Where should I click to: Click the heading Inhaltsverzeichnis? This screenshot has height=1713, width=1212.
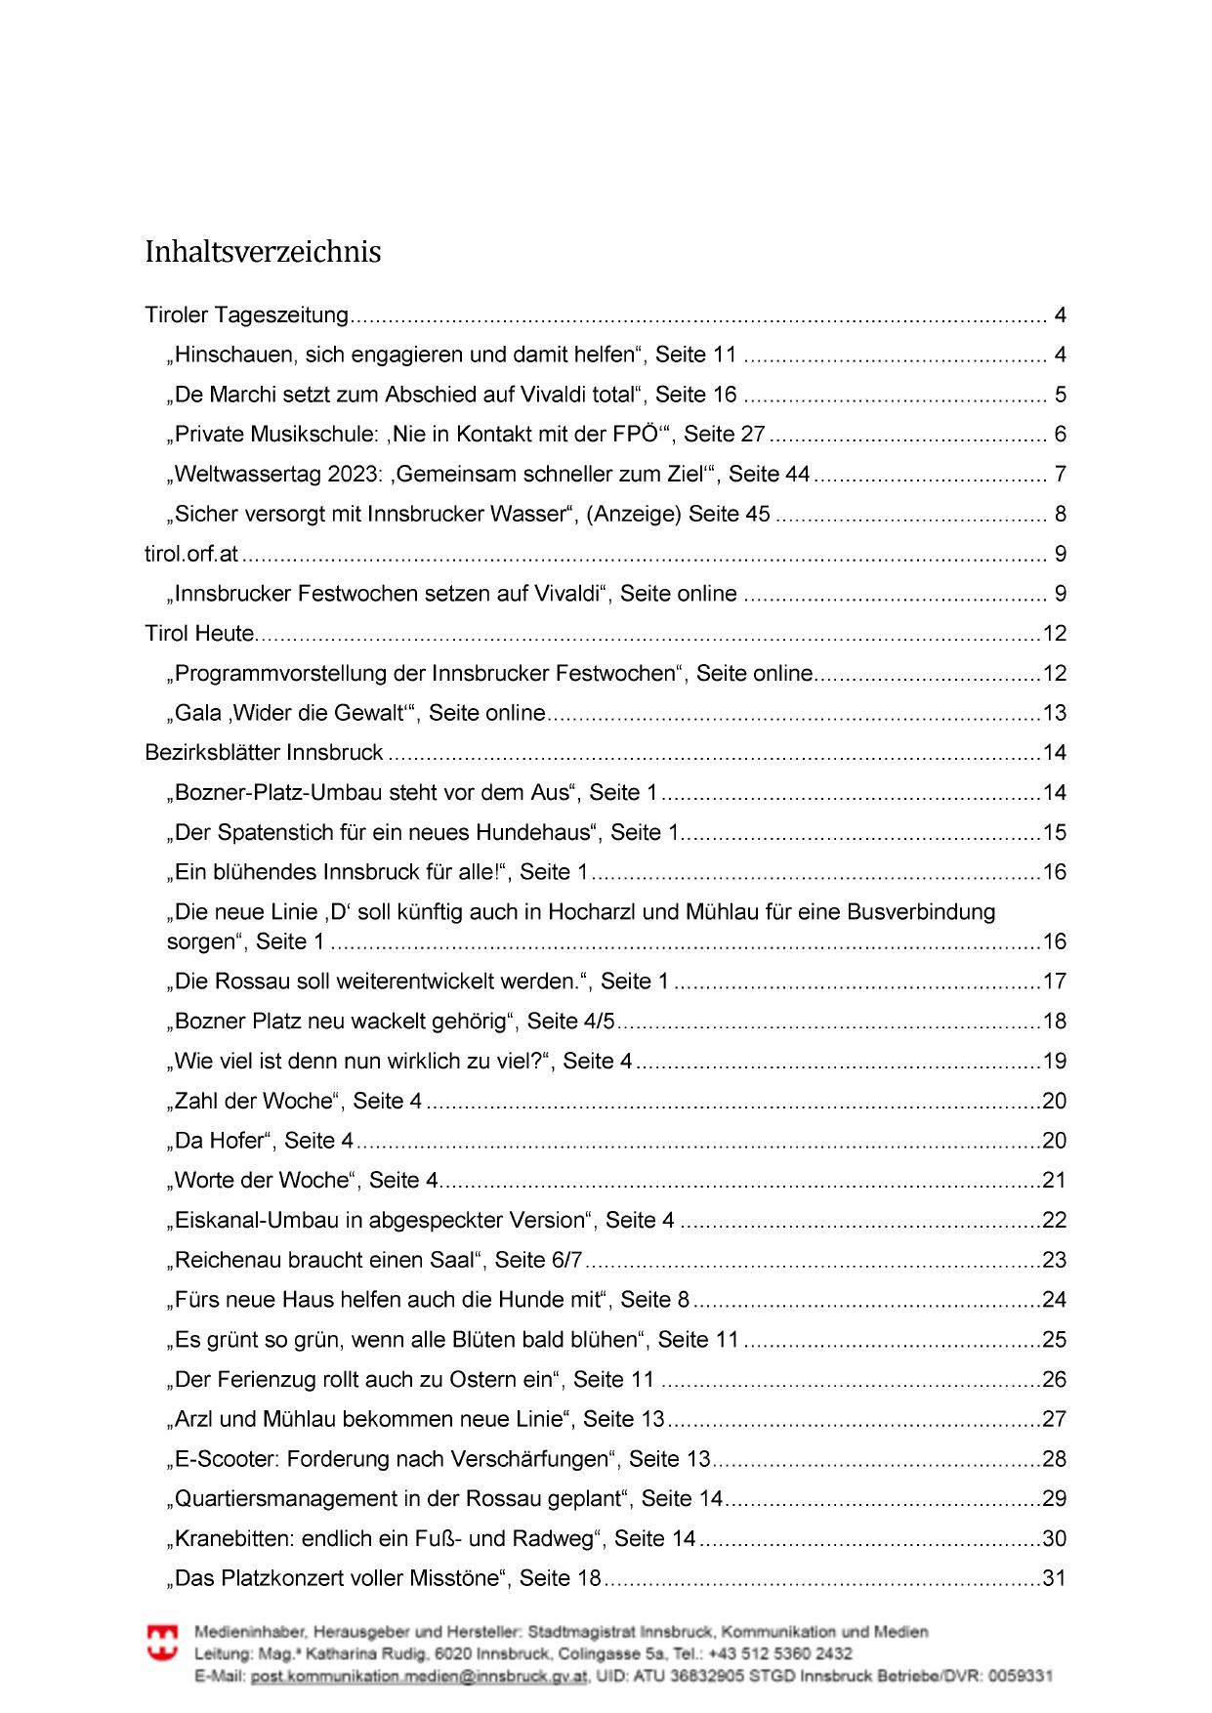[263, 252]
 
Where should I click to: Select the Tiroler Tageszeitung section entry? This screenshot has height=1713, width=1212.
[246, 315]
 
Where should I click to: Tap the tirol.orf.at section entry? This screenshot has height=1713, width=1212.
[191, 555]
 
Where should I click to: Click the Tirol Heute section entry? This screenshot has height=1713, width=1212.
[199, 634]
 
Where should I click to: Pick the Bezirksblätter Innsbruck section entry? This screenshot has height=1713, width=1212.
[264, 753]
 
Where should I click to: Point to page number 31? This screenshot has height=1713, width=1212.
[1055, 1578]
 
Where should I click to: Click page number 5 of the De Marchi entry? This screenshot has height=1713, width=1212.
[1061, 396]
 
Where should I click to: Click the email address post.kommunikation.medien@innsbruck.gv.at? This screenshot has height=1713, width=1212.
[419, 1677]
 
